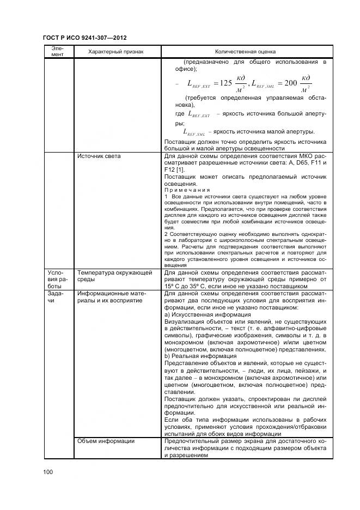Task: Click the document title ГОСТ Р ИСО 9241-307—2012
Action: [84, 38]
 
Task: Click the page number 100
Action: [47, 472]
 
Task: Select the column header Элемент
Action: [58, 51]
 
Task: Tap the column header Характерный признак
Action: [116, 52]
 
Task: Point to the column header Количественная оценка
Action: [245, 52]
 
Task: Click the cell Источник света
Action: [99, 156]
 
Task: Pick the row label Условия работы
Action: [58, 278]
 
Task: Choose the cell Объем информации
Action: [106, 441]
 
